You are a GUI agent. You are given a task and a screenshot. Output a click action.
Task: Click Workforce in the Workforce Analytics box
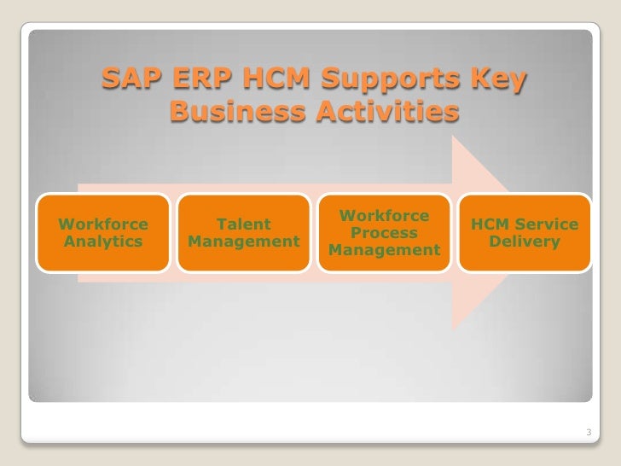pos(102,225)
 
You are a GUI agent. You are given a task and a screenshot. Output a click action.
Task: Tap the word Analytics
pos(102,242)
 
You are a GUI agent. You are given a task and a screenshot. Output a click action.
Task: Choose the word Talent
pos(244,225)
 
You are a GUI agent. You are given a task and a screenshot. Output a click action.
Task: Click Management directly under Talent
pos(244,242)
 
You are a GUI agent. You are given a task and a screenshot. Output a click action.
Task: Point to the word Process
pos(384,234)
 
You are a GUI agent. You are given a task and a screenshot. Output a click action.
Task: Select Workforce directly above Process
pos(384,218)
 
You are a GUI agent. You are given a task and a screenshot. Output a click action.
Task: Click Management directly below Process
pos(384,251)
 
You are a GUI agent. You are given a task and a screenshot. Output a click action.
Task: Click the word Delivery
pos(525,242)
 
